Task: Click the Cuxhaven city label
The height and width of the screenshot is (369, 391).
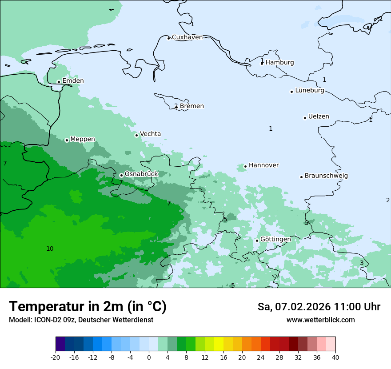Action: [187, 37]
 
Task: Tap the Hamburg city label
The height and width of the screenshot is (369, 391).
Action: [279, 63]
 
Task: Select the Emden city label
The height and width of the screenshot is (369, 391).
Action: [73, 81]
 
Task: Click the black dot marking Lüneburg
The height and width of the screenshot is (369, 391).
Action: [291, 92]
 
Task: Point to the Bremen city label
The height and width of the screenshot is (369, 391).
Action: [192, 106]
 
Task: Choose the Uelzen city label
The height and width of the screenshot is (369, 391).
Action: [319, 117]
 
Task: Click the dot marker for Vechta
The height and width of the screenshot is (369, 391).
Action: [136, 135]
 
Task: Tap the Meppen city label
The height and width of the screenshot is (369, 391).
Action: [83, 139]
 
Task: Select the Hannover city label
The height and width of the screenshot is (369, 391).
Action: [263, 165]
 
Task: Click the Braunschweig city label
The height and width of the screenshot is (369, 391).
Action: [326, 176]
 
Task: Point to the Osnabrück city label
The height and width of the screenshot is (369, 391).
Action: [141, 174]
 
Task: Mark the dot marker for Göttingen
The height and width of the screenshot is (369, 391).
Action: [257, 241]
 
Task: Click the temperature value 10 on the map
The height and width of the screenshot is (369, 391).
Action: [50, 249]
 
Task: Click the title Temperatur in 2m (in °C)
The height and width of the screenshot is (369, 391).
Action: [88, 307]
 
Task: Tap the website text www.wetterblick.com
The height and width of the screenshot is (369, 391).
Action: [320, 320]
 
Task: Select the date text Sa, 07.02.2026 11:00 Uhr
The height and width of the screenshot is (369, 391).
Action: [319, 307]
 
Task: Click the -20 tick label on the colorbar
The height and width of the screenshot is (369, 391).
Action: [56, 357]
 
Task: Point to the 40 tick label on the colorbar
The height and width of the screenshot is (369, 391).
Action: [335, 357]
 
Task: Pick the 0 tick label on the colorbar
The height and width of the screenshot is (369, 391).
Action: [149, 357]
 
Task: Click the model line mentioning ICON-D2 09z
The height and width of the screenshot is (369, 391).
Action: [81, 320]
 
